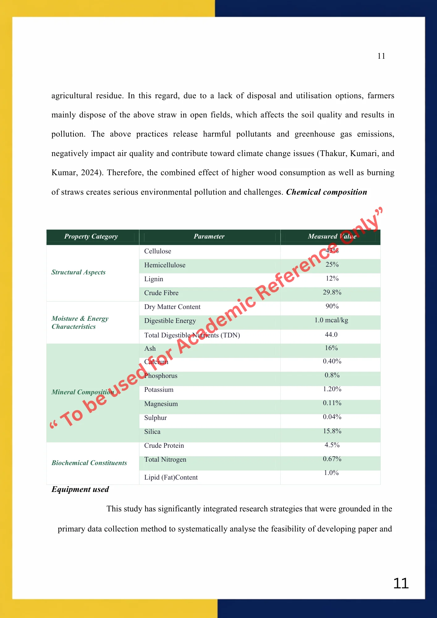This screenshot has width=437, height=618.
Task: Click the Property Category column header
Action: click(x=91, y=236)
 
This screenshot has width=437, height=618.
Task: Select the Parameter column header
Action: click(x=209, y=236)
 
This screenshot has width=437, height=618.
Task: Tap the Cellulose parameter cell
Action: click(x=158, y=251)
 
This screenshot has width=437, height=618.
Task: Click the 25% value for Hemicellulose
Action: click(x=332, y=265)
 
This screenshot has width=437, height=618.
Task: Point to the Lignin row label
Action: click(x=154, y=279)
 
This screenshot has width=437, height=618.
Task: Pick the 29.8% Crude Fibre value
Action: click(x=332, y=292)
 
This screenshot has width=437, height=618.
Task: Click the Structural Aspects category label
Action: click(x=78, y=272)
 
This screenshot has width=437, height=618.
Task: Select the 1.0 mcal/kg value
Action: click(x=331, y=320)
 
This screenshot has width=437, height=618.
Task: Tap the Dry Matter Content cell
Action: click(x=172, y=307)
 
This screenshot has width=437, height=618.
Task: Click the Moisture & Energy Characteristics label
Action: click(x=80, y=323)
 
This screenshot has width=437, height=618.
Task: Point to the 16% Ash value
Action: click(x=331, y=348)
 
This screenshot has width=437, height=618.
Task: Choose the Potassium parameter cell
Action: click(x=159, y=390)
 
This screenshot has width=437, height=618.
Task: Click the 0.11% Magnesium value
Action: click(x=332, y=403)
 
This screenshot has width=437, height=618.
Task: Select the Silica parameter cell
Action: click(x=152, y=432)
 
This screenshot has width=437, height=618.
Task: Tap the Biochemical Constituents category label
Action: click(x=89, y=463)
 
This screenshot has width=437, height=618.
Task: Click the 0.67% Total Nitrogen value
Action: click(x=332, y=459)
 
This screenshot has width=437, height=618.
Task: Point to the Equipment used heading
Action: click(x=80, y=489)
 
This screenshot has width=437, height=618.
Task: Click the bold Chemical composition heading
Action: click(x=326, y=192)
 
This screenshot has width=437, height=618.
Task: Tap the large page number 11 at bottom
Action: click(x=401, y=583)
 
